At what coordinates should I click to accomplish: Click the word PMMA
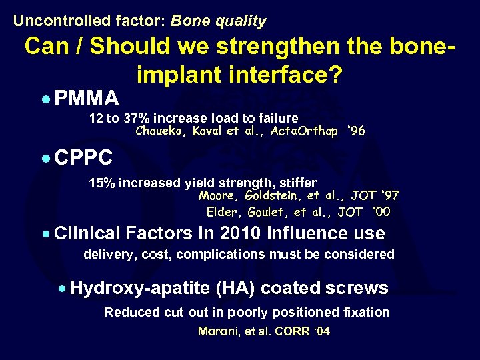pyautogui.click(x=87, y=99)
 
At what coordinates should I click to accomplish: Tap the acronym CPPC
pyautogui.click(x=84, y=159)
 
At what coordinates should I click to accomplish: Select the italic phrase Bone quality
pyautogui.click(x=218, y=21)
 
